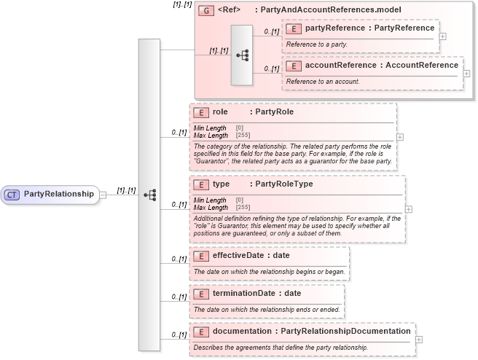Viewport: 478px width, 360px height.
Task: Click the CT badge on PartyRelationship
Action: [12, 194]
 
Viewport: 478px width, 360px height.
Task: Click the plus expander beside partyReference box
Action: [443, 36]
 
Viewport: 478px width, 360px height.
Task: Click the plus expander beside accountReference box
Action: [466, 74]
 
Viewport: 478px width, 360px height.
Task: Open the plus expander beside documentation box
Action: [419, 339]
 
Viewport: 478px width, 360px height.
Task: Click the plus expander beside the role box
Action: [400, 136]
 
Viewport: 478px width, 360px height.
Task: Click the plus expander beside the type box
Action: [408, 209]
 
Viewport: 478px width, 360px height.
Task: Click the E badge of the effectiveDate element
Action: [200, 256]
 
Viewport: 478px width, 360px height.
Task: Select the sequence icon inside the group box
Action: [241, 55]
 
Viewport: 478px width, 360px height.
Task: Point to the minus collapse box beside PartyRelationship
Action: [103, 195]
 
